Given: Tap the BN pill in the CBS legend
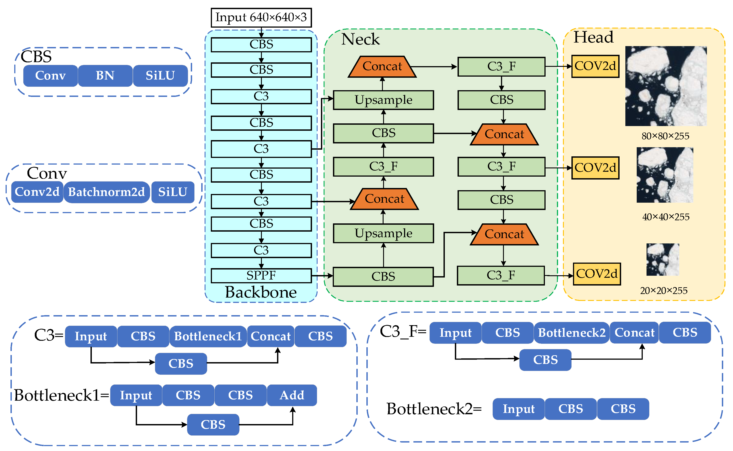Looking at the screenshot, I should (105, 76).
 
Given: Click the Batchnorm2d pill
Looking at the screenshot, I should (107, 192).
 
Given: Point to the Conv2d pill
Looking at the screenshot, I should (37, 192).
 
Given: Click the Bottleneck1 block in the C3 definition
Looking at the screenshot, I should (208, 336).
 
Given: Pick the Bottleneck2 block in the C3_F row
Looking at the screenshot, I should (572, 333).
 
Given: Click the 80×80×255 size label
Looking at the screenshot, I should (665, 136).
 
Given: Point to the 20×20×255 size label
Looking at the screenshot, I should (663, 290).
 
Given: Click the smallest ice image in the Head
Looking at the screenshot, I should (663, 259).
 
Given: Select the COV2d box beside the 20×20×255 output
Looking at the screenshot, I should (597, 274).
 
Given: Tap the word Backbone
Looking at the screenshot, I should (261, 292).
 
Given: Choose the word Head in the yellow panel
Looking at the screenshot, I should (593, 37).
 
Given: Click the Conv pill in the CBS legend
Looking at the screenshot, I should (50, 76).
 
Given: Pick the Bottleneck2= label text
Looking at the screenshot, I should (434, 409).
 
